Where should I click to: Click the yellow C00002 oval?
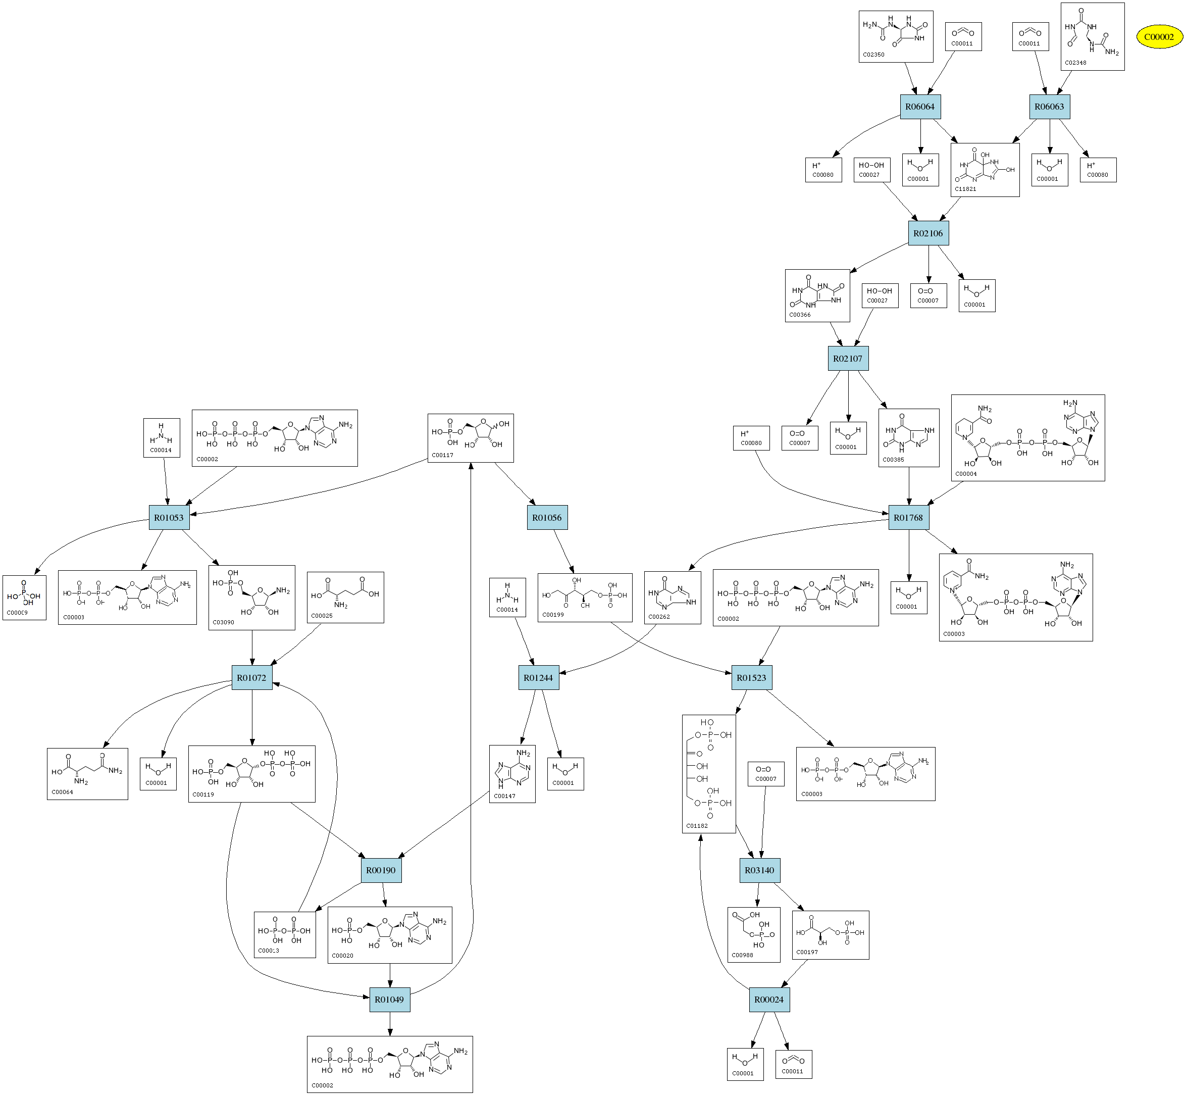1159,37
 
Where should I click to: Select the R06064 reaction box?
920,107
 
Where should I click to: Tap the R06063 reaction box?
1049,107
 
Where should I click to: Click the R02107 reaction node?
848,359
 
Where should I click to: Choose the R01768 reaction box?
908,517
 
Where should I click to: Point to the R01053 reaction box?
169,517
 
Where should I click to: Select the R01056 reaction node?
547,517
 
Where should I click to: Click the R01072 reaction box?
252,678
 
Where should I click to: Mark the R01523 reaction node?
752,678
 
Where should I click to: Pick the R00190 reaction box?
381,870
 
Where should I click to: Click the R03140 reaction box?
760,870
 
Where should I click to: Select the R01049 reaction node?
389,1000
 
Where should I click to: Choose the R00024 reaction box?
769,1000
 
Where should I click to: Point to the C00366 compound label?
800,315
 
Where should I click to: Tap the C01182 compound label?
697,825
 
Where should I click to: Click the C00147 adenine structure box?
512,773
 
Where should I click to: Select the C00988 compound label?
742,955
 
